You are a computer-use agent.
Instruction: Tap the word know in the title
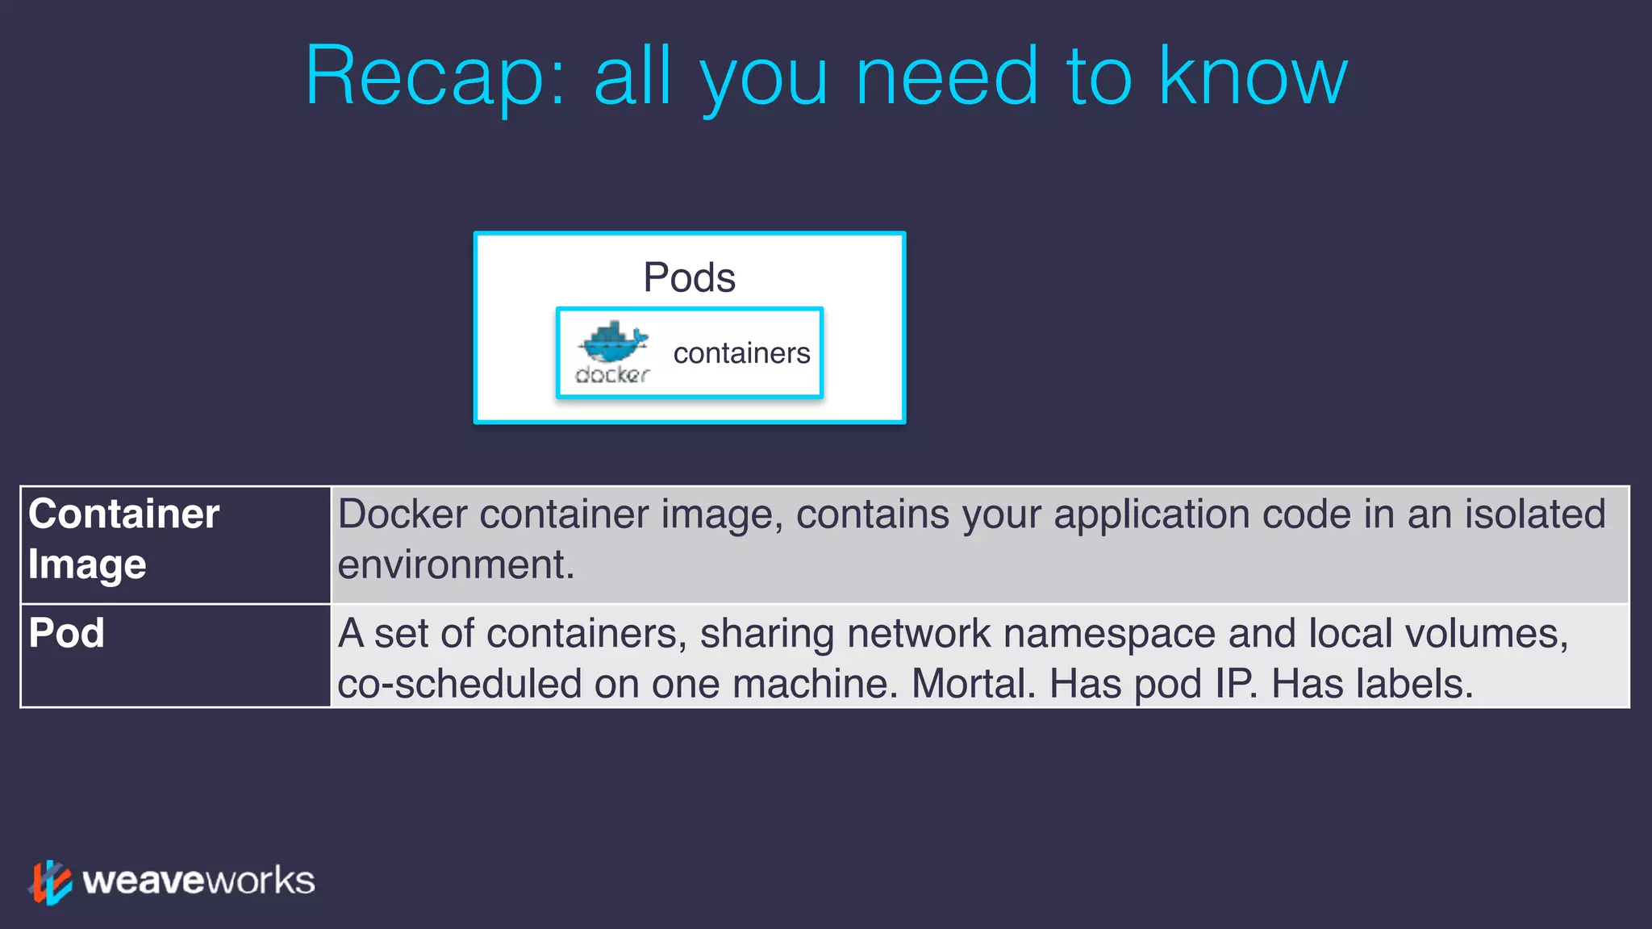1253,77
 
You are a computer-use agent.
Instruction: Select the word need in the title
946,77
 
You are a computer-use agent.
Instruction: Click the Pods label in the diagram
689,277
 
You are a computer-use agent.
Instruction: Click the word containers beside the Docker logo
741,353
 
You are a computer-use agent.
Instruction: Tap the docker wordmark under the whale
612,375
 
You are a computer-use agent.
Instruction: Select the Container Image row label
123,539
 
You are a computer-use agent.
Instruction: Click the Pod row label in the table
66,633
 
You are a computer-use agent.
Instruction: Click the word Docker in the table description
403,514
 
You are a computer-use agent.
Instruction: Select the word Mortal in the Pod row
973,684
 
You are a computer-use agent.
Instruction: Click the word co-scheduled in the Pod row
459,684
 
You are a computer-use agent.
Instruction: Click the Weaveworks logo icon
50,881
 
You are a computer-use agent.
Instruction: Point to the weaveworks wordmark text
198,881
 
